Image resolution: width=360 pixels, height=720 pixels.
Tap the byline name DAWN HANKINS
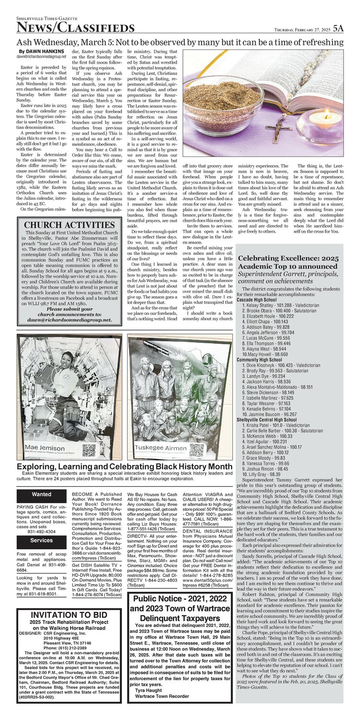(41, 51)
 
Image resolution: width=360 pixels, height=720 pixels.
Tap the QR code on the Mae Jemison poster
(89, 450)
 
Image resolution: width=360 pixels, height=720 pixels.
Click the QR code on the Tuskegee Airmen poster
(197, 450)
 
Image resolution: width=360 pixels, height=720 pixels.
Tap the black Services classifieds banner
(42, 540)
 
